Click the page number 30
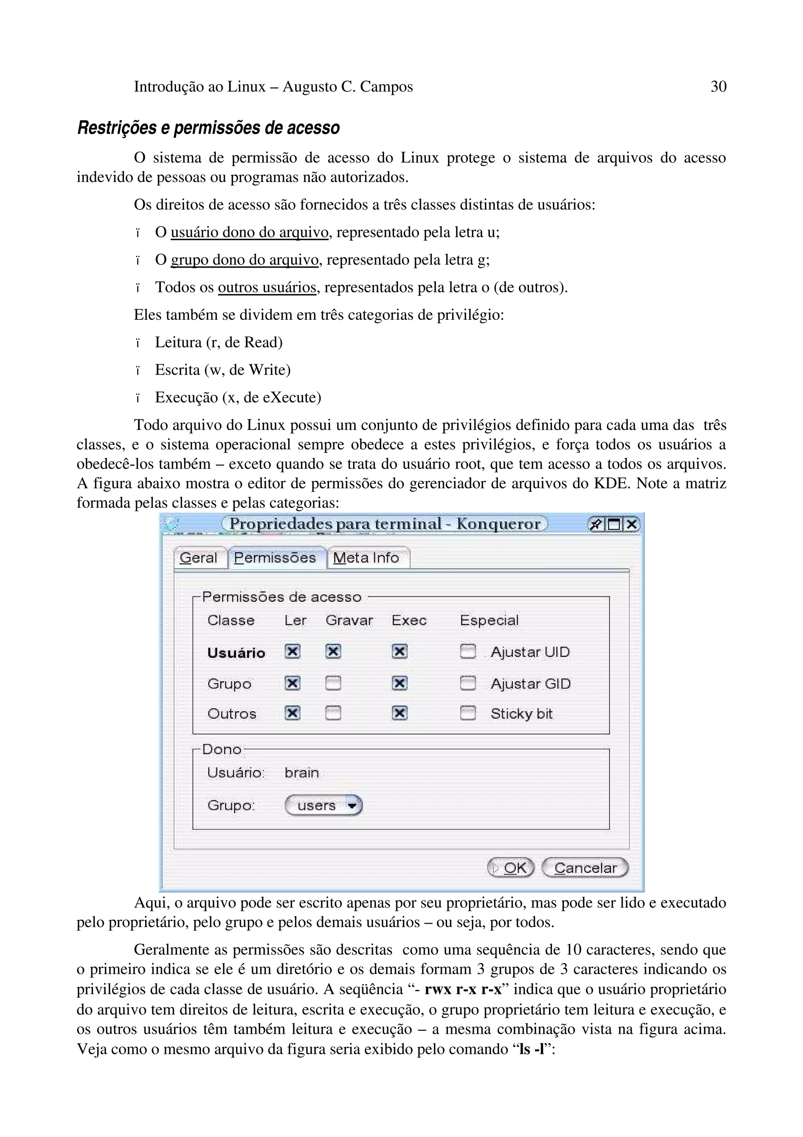pos(718,87)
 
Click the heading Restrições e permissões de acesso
pos(208,128)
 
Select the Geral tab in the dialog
pos(198,558)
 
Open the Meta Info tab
pos(366,558)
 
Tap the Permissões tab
pos(275,558)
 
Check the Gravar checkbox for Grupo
pos(333,683)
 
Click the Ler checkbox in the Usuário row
pos(292,652)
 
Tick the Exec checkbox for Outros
pos(399,713)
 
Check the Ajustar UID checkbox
pos(467,652)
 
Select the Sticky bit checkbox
pos(467,713)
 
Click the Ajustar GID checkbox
pos(467,683)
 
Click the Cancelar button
pos(585,867)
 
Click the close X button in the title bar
pos(631,524)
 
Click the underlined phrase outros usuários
pos(267,287)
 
